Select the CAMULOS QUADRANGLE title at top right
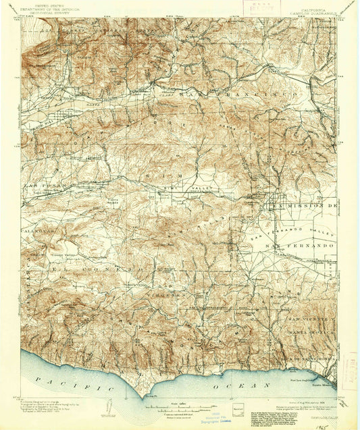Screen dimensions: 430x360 coord(313,14)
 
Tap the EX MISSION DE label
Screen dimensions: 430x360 coord(303,203)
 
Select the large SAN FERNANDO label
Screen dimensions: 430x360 coord(301,246)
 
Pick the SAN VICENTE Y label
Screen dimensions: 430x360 coord(309,318)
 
